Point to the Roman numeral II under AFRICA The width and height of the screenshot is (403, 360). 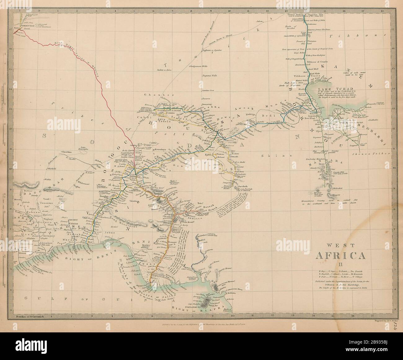pos(340,265)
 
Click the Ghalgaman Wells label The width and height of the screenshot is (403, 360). pos(198,66)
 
